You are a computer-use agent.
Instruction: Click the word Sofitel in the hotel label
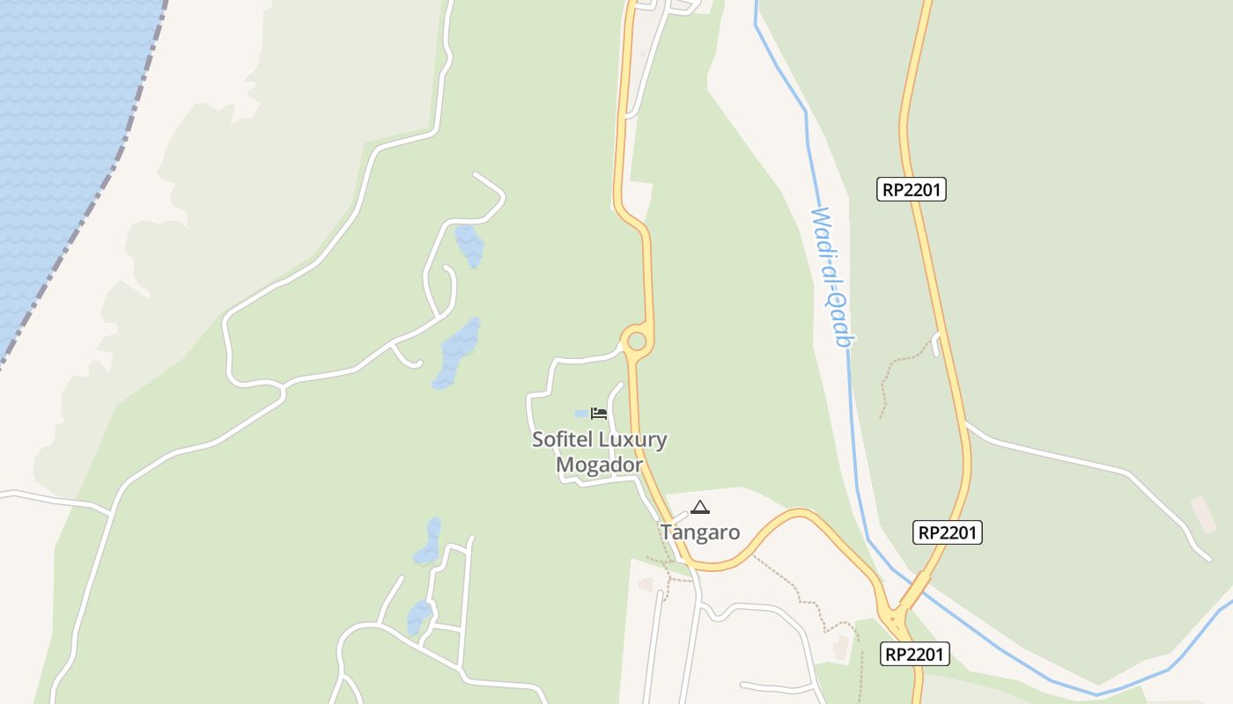[563, 439]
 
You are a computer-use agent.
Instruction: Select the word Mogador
[599, 464]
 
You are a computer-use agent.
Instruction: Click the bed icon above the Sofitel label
[600, 413]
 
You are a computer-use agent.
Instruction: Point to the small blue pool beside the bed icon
[581, 414]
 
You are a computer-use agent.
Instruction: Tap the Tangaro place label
[700, 532]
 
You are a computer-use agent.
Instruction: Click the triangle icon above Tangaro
[700, 507]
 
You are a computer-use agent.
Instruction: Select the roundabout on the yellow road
[636, 341]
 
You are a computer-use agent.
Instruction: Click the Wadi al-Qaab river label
[833, 277]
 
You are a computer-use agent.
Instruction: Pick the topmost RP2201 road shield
[912, 189]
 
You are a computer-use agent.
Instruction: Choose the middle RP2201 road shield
[947, 532]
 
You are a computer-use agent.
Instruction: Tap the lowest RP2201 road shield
[914, 654]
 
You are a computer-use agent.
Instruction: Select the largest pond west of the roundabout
[457, 355]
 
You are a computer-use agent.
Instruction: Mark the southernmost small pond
[419, 617]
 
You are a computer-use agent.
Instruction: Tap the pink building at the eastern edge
[1203, 514]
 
